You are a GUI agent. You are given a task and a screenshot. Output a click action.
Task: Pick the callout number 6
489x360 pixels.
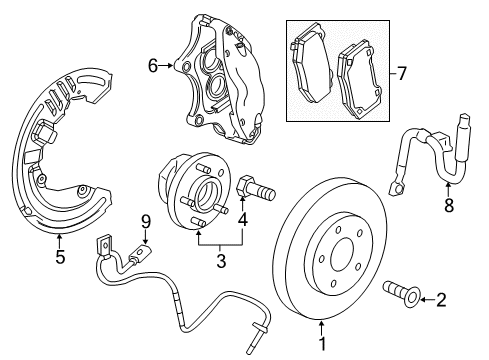point(153,66)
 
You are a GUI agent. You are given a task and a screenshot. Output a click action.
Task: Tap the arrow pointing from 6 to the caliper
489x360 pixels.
point(169,66)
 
